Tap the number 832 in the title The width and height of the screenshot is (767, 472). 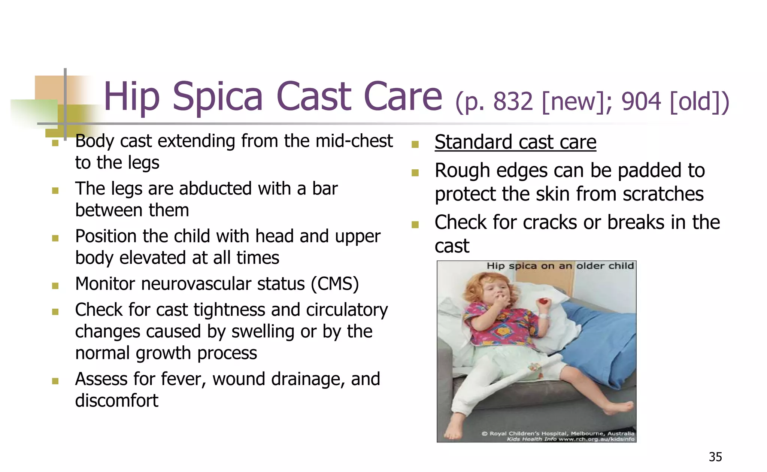pos(513,102)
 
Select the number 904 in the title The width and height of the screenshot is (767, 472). pos(641,102)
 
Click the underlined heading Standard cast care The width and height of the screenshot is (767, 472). pos(515,142)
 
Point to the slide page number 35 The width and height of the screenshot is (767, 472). pos(715,457)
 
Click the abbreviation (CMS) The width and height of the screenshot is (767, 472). pos(335,284)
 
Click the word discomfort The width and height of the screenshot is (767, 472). pos(116,400)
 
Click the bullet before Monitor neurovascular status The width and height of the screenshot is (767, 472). pos(55,286)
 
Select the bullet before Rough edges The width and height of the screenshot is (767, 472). pos(415,173)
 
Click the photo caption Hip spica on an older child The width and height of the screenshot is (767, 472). pos(560,266)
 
